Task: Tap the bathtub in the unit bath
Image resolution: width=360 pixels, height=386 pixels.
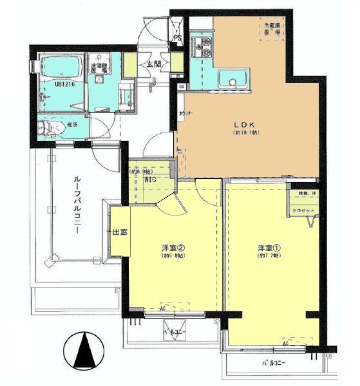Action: click(x=59, y=68)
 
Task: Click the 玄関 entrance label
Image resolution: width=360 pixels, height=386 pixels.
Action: click(x=153, y=64)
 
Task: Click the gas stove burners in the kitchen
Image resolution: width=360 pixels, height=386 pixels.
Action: click(x=204, y=47)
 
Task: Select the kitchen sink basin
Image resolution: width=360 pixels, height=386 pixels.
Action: click(x=230, y=80)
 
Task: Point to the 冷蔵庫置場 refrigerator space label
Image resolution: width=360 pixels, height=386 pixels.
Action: click(x=271, y=28)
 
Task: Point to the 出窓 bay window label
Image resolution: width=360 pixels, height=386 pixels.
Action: click(x=119, y=232)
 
